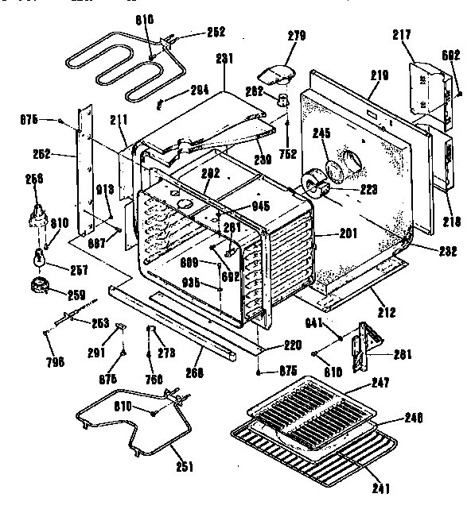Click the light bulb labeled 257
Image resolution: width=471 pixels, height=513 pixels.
(38, 257)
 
